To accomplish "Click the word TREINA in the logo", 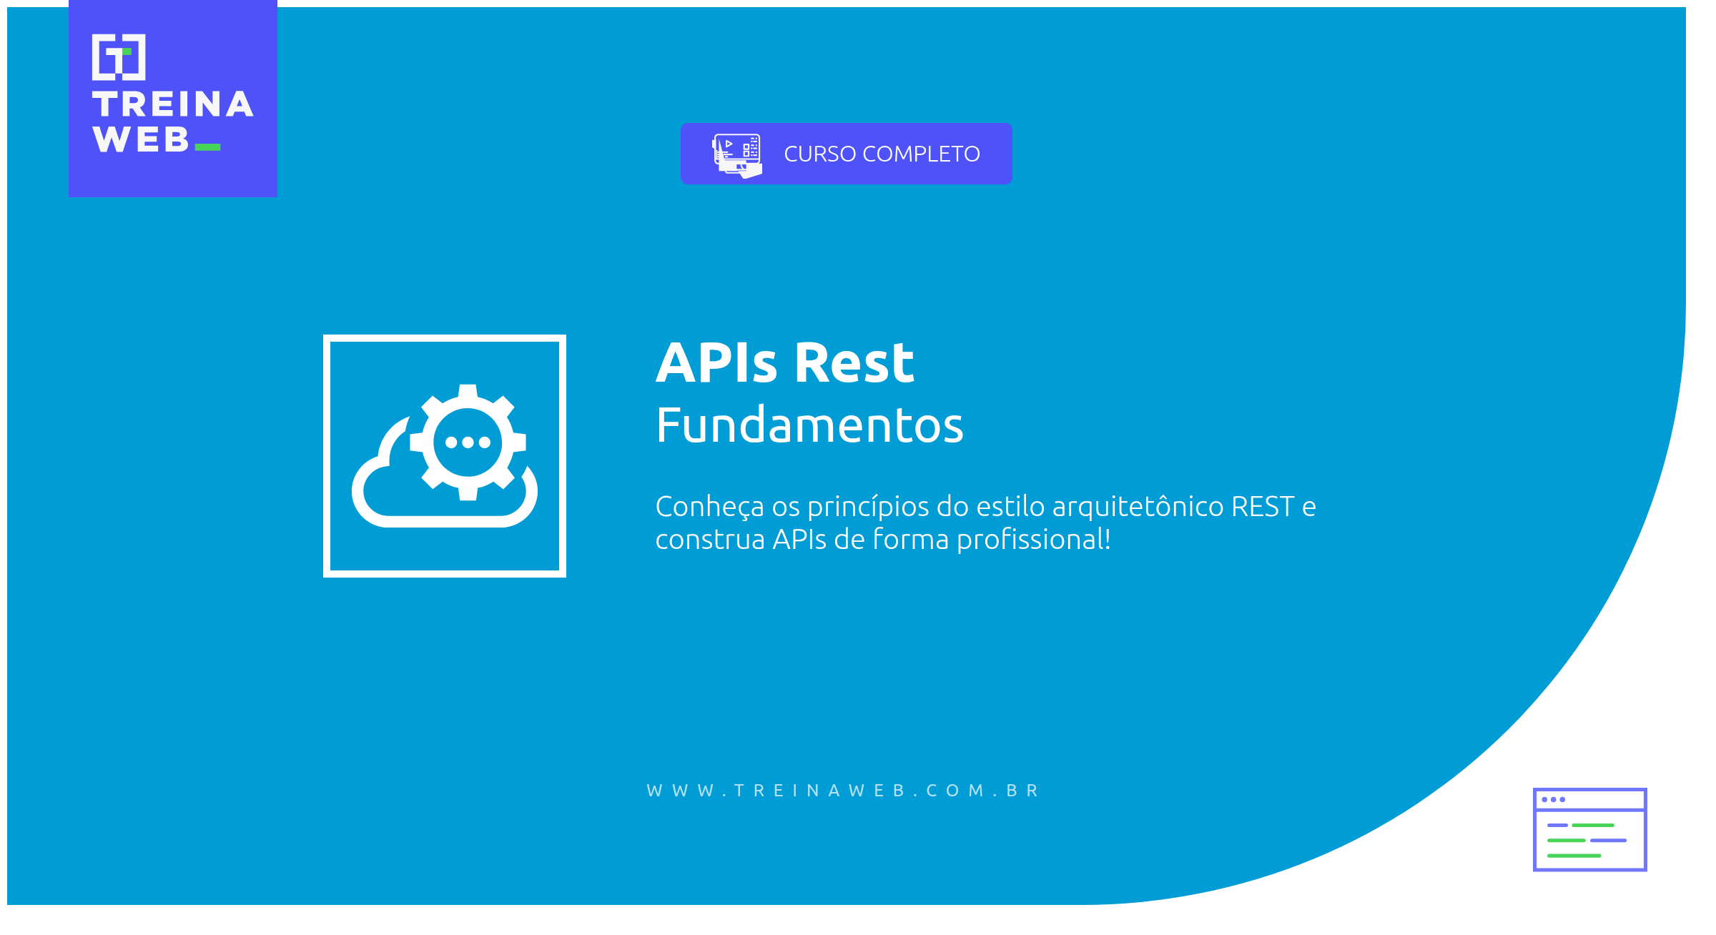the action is click(173, 104).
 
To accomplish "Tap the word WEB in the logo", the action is click(141, 139).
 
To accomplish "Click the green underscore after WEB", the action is click(207, 147).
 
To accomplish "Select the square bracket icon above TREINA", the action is click(119, 57).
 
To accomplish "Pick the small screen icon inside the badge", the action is click(736, 155).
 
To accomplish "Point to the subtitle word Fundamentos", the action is click(809, 425).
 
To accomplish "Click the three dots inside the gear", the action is click(468, 442).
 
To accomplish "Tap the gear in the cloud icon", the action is click(468, 442).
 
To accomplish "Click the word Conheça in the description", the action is click(709, 508).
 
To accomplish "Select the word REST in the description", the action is click(1263, 506).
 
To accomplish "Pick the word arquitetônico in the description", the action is click(1138, 508).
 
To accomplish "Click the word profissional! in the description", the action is click(1034, 540).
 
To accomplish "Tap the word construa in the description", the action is click(710, 540).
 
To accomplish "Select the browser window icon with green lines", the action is click(1590, 829).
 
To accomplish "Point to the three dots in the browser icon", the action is click(1554, 799).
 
